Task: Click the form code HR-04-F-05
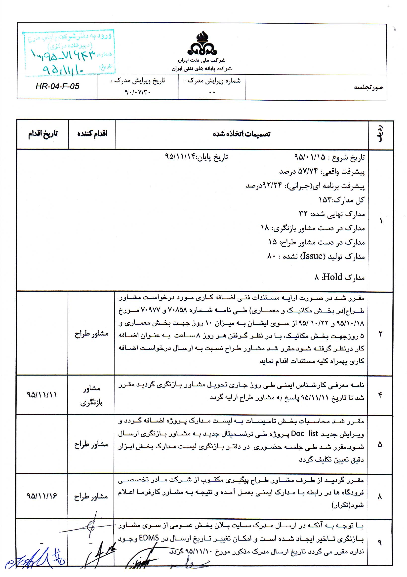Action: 57,86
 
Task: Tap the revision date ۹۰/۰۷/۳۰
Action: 137,92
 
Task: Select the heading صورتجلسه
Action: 368,87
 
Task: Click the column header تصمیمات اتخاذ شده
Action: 241,134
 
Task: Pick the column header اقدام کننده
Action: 92,133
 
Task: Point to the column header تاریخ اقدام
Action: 43,133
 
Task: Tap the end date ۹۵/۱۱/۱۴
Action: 180,157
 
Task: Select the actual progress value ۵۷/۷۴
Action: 308,172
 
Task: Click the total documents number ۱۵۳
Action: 325,200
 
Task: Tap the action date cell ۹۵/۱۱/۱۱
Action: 42,395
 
